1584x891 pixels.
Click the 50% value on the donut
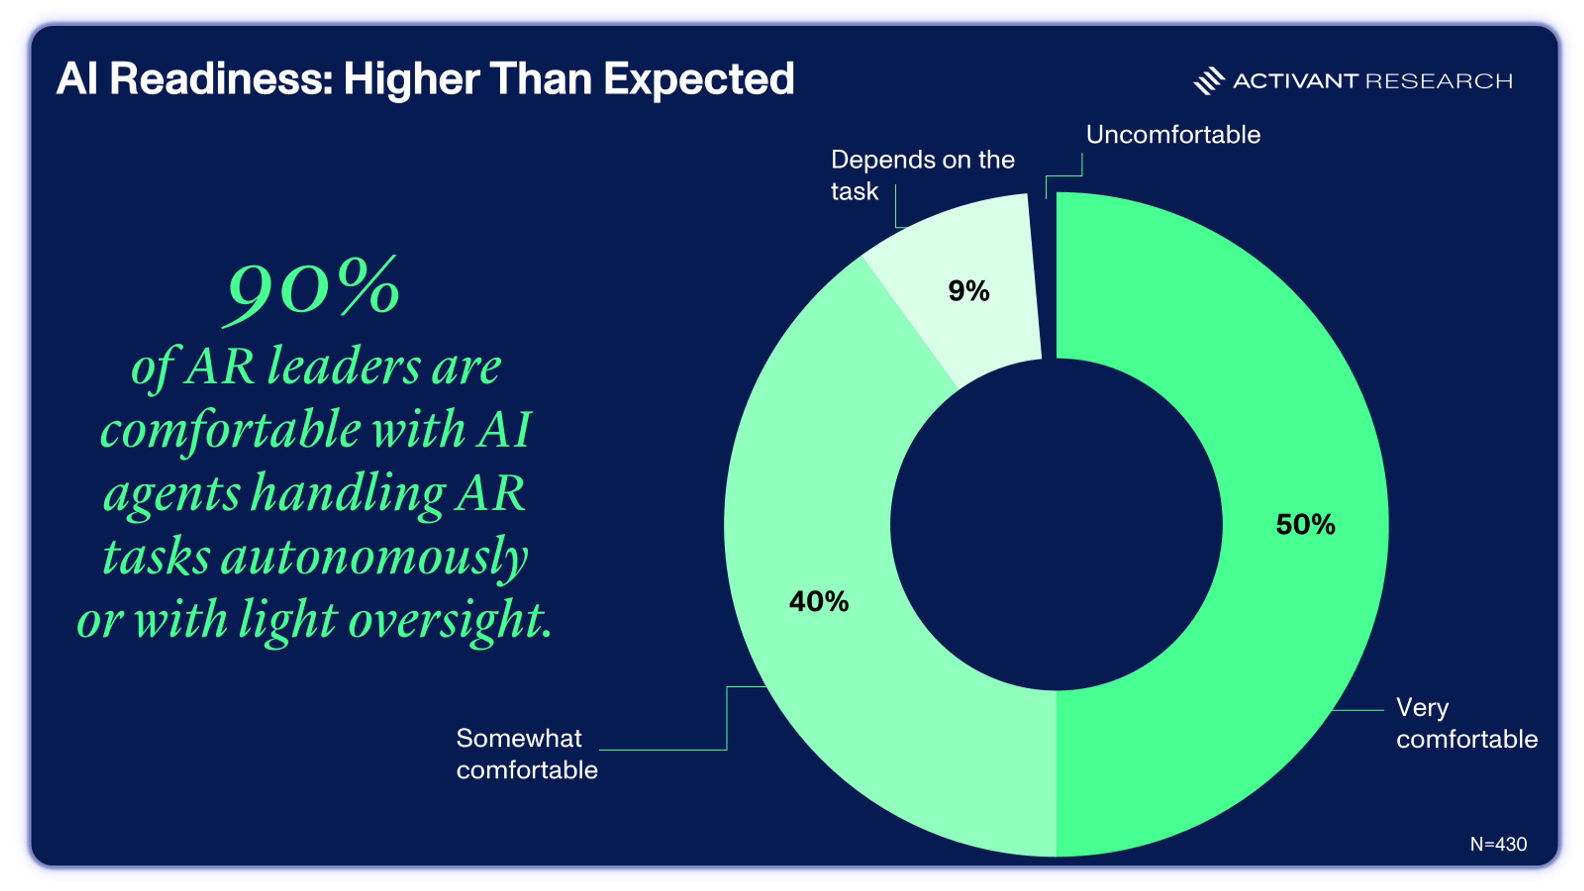pyautogui.click(x=1305, y=525)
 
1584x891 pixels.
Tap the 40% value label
pyautogui.click(x=818, y=601)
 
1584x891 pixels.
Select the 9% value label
pyautogui.click(x=969, y=291)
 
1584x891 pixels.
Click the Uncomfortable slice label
pyautogui.click(x=1173, y=134)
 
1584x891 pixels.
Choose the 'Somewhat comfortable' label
pyautogui.click(x=526, y=754)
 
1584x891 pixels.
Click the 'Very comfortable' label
pyautogui.click(x=1466, y=723)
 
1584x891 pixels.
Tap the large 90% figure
pyautogui.click(x=313, y=289)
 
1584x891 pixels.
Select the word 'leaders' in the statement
pyautogui.click(x=343, y=367)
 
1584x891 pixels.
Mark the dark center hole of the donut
pyautogui.click(x=1056, y=525)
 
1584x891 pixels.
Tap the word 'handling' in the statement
pyautogui.click(x=348, y=494)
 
